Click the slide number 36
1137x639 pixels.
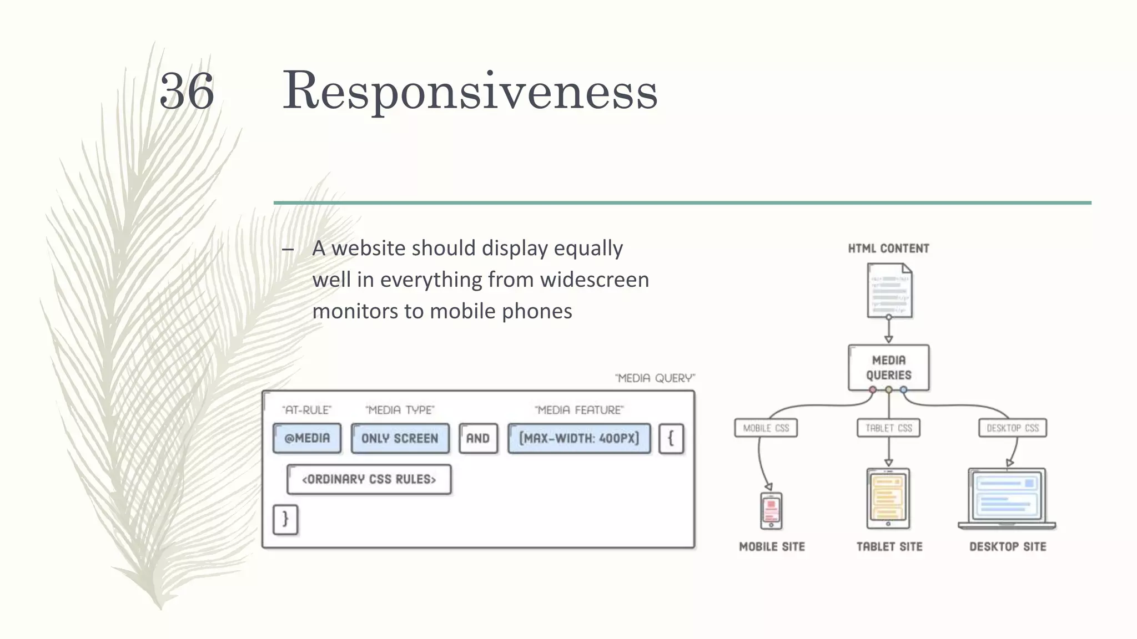click(187, 92)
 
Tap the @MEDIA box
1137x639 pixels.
click(307, 438)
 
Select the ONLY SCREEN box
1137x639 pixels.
click(400, 438)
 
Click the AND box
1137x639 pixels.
click(478, 438)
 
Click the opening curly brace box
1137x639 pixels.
click(671, 438)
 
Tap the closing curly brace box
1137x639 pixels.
click(285, 519)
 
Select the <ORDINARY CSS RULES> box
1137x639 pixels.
click(369, 479)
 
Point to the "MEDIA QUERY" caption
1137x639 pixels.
click(655, 378)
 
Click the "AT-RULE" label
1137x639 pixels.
click(306, 410)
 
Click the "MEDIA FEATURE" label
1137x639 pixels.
click(579, 410)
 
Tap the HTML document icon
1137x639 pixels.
click(889, 291)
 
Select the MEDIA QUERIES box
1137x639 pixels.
click(888, 368)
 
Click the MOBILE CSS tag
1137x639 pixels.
click(766, 428)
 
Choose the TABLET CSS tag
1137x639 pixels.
click(888, 428)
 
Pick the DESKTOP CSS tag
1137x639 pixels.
click(1012, 428)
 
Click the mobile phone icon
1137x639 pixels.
click(771, 511)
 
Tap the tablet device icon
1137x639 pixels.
click(888, 498)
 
